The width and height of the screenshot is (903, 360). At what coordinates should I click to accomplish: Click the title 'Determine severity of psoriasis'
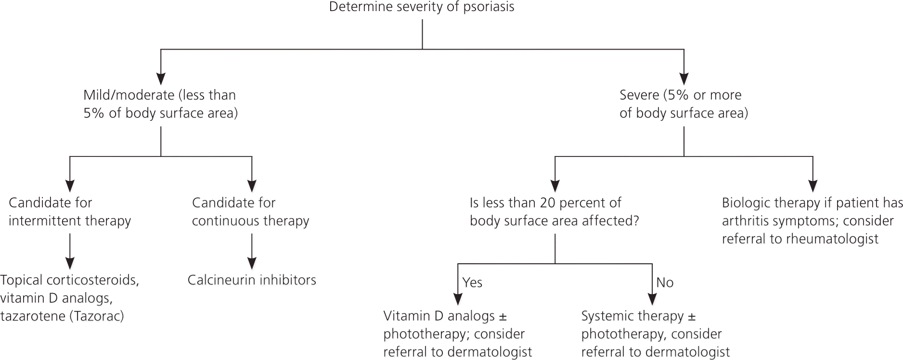pyautogui.click(x=422, y=7)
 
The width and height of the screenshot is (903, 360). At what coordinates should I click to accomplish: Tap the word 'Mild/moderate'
pyautogui.click(x=129, y=95)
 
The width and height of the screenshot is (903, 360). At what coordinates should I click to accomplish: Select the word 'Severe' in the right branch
pyautogui.click(x=639, y=95)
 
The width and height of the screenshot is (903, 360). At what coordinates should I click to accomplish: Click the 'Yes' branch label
pyautogui.click(x=472, y=283)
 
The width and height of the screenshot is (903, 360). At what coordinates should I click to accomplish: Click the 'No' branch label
pyautogui.click(x=665, y=283)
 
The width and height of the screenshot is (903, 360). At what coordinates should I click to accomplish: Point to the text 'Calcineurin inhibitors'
pyautogui.click(x=252, y=280)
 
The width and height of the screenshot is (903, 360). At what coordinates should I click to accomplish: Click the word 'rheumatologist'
pyautogui.click(x=832, y=239)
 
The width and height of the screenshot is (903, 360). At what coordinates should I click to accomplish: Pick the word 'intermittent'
pyautogui.click(x=38, y=221)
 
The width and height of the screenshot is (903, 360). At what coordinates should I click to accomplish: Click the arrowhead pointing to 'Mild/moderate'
pyautogui.click(x=161, y=78)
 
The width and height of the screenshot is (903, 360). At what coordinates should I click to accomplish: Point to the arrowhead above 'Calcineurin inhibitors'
pyautogui.click(x=252, y=263)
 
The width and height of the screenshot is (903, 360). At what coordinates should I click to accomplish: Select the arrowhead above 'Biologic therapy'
pyautogui.click(x=813, y=186)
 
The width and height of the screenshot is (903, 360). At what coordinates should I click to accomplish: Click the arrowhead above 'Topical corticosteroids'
pyautogui.click(x=70, y=263)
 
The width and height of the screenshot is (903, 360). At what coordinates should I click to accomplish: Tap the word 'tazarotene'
pyautogui.click(x=32, y=316)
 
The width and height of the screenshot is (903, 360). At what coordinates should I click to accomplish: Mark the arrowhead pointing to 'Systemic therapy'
pyautogui.click(x=652, y=299)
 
